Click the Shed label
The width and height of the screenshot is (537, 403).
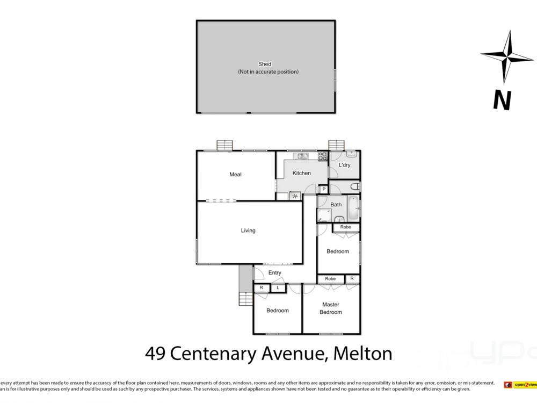265,64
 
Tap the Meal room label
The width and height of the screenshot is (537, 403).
235,175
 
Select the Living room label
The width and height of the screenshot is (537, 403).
248,231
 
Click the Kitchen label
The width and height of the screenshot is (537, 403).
301,173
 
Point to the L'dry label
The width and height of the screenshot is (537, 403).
344,165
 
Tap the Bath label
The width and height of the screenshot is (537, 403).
336,205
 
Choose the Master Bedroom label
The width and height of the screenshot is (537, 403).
330,308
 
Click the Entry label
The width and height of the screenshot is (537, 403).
274,273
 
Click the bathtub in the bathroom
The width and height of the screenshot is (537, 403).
353,209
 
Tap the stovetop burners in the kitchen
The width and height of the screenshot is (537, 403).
323,156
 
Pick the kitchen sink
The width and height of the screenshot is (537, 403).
301,156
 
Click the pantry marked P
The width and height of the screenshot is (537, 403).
324,189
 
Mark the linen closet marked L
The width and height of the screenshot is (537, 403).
278,288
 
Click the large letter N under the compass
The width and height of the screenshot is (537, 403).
502,100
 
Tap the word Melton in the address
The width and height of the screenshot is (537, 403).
362,354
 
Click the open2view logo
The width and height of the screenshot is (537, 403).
520,385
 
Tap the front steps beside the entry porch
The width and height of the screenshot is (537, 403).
245,298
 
